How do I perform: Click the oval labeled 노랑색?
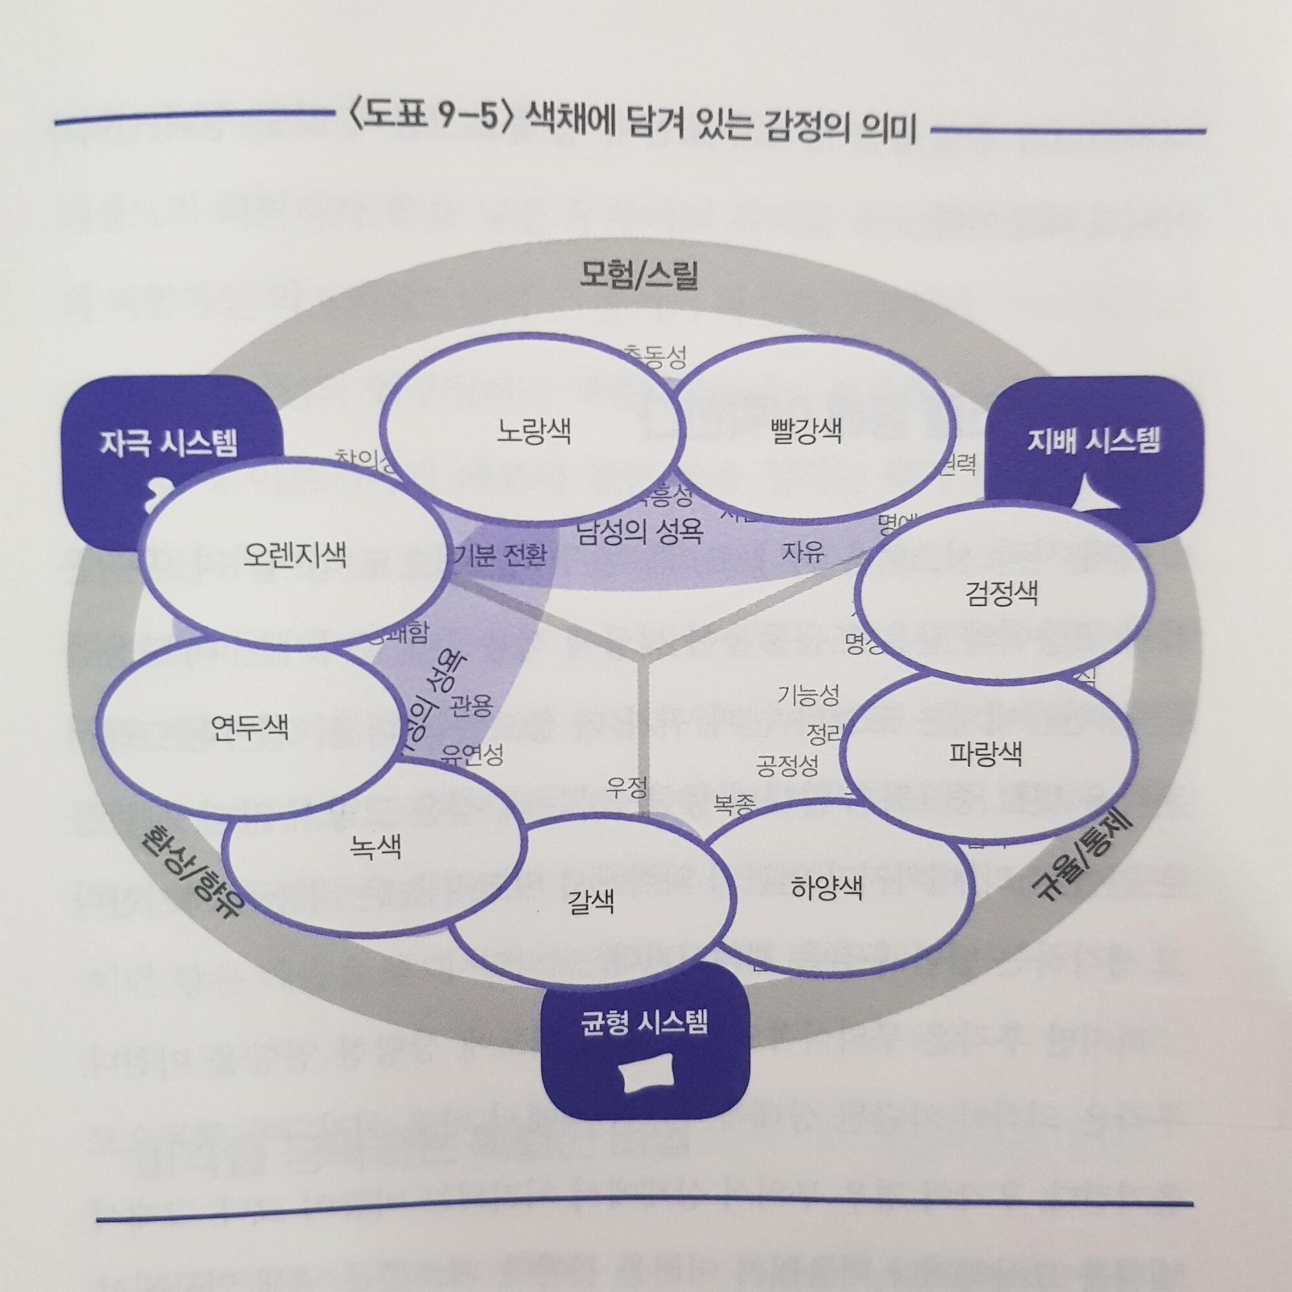coord(534,432)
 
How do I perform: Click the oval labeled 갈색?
coord(590,901)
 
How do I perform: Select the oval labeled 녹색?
coord(375,848)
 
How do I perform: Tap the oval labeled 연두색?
coord(249,727)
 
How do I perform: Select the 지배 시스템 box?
coord(1094,443)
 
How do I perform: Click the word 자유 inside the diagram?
coord(802,552)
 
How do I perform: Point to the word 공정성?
coord(787,765)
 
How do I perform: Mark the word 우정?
coord(627,787)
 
